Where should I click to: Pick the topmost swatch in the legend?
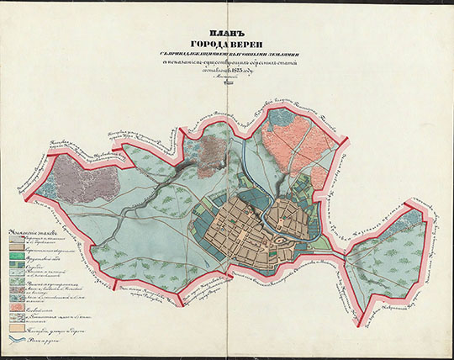17,238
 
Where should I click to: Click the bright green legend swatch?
17,267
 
